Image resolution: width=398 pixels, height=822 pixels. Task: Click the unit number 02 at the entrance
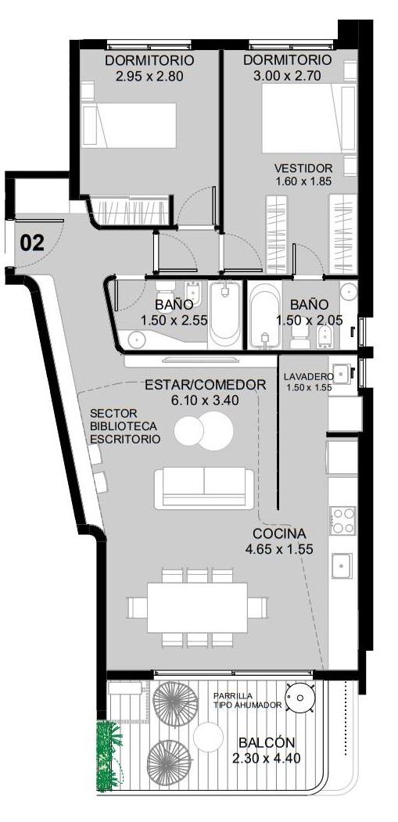pyautogui.click(x=32, y=244)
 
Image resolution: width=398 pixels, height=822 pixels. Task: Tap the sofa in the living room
pyautogui.click(x=204, y=489)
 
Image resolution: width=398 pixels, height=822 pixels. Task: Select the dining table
pyautogui.click(x=197, y=608)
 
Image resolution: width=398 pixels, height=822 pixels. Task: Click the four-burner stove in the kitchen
pyautogui.click(x=342, y=521)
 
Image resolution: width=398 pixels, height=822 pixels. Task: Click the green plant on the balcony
pyautogui.click(x=109, y=756)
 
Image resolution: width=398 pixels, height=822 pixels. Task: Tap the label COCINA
pyautogui.click(x=279, y=533)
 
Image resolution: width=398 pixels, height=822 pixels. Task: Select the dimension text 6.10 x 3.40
pyautogui.click(x=205, y=400)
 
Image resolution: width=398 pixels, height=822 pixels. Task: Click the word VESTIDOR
pyautogui.click(x=303, y=168)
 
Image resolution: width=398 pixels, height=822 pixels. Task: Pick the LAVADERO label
pyautogui.click(x=308, y=376)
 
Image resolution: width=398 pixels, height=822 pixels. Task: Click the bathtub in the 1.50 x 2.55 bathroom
pyautogui.click(x=225, y=314)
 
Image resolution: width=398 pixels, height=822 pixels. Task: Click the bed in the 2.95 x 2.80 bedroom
pyautogui.click(x=129, y=125)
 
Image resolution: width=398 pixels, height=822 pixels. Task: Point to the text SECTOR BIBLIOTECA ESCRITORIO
pyautogui.click(x=125, y=426)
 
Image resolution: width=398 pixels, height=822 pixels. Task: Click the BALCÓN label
pyautogui.click(x=267, y=742)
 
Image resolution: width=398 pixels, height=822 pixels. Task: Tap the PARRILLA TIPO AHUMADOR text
pyautogui.click(x=248, y=700)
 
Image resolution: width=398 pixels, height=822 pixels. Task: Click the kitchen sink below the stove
pyautogui.click(x=342, y=565)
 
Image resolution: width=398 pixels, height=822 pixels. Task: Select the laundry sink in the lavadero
pyautogui.click(x=342, y=373)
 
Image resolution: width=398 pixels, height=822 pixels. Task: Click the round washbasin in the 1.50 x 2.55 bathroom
pyautogui.click(x=136, y=339)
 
